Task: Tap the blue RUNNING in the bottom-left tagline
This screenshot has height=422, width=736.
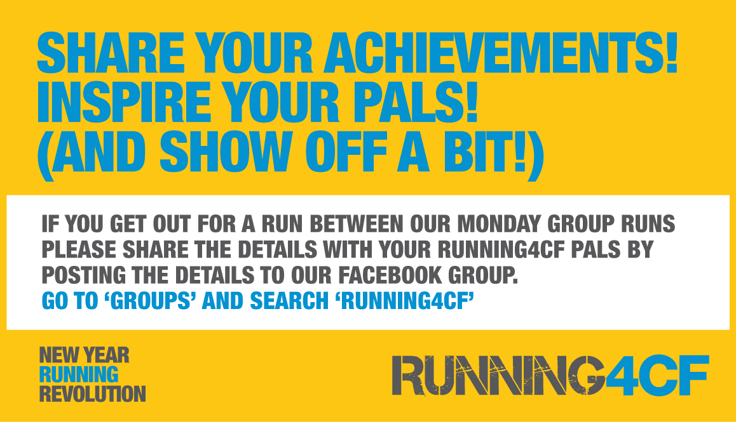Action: tap(78, 374)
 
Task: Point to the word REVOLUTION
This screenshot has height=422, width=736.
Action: tap(93, 393)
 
